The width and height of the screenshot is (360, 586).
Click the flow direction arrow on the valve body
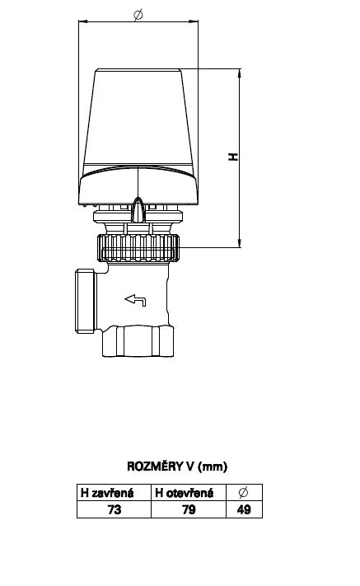point(135,300)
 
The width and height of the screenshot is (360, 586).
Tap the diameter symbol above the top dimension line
point(138,15)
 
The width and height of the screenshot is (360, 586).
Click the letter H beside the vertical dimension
point(233,157)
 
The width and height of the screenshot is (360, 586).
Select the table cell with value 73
point(115,509)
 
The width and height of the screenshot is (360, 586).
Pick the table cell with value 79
point(189,509)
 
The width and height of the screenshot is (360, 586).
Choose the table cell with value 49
point(244,509)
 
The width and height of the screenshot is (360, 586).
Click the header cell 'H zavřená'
point(115,493)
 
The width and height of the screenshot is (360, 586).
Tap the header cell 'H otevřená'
point(189,493)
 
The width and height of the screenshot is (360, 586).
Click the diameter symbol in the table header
point(243,493)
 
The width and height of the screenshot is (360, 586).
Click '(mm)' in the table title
point(213,466)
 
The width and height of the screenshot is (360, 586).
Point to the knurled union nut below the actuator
point(138,248)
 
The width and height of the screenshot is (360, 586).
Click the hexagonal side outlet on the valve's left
point(86,301)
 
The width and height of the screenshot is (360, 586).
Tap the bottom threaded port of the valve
point(138,341)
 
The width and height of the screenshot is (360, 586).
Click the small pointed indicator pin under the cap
point(138,209)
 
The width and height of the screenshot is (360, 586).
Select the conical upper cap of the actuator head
point(138,118)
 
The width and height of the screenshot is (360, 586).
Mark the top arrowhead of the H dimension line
point(240,73)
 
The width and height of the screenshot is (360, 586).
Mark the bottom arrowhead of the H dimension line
point(240,243)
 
